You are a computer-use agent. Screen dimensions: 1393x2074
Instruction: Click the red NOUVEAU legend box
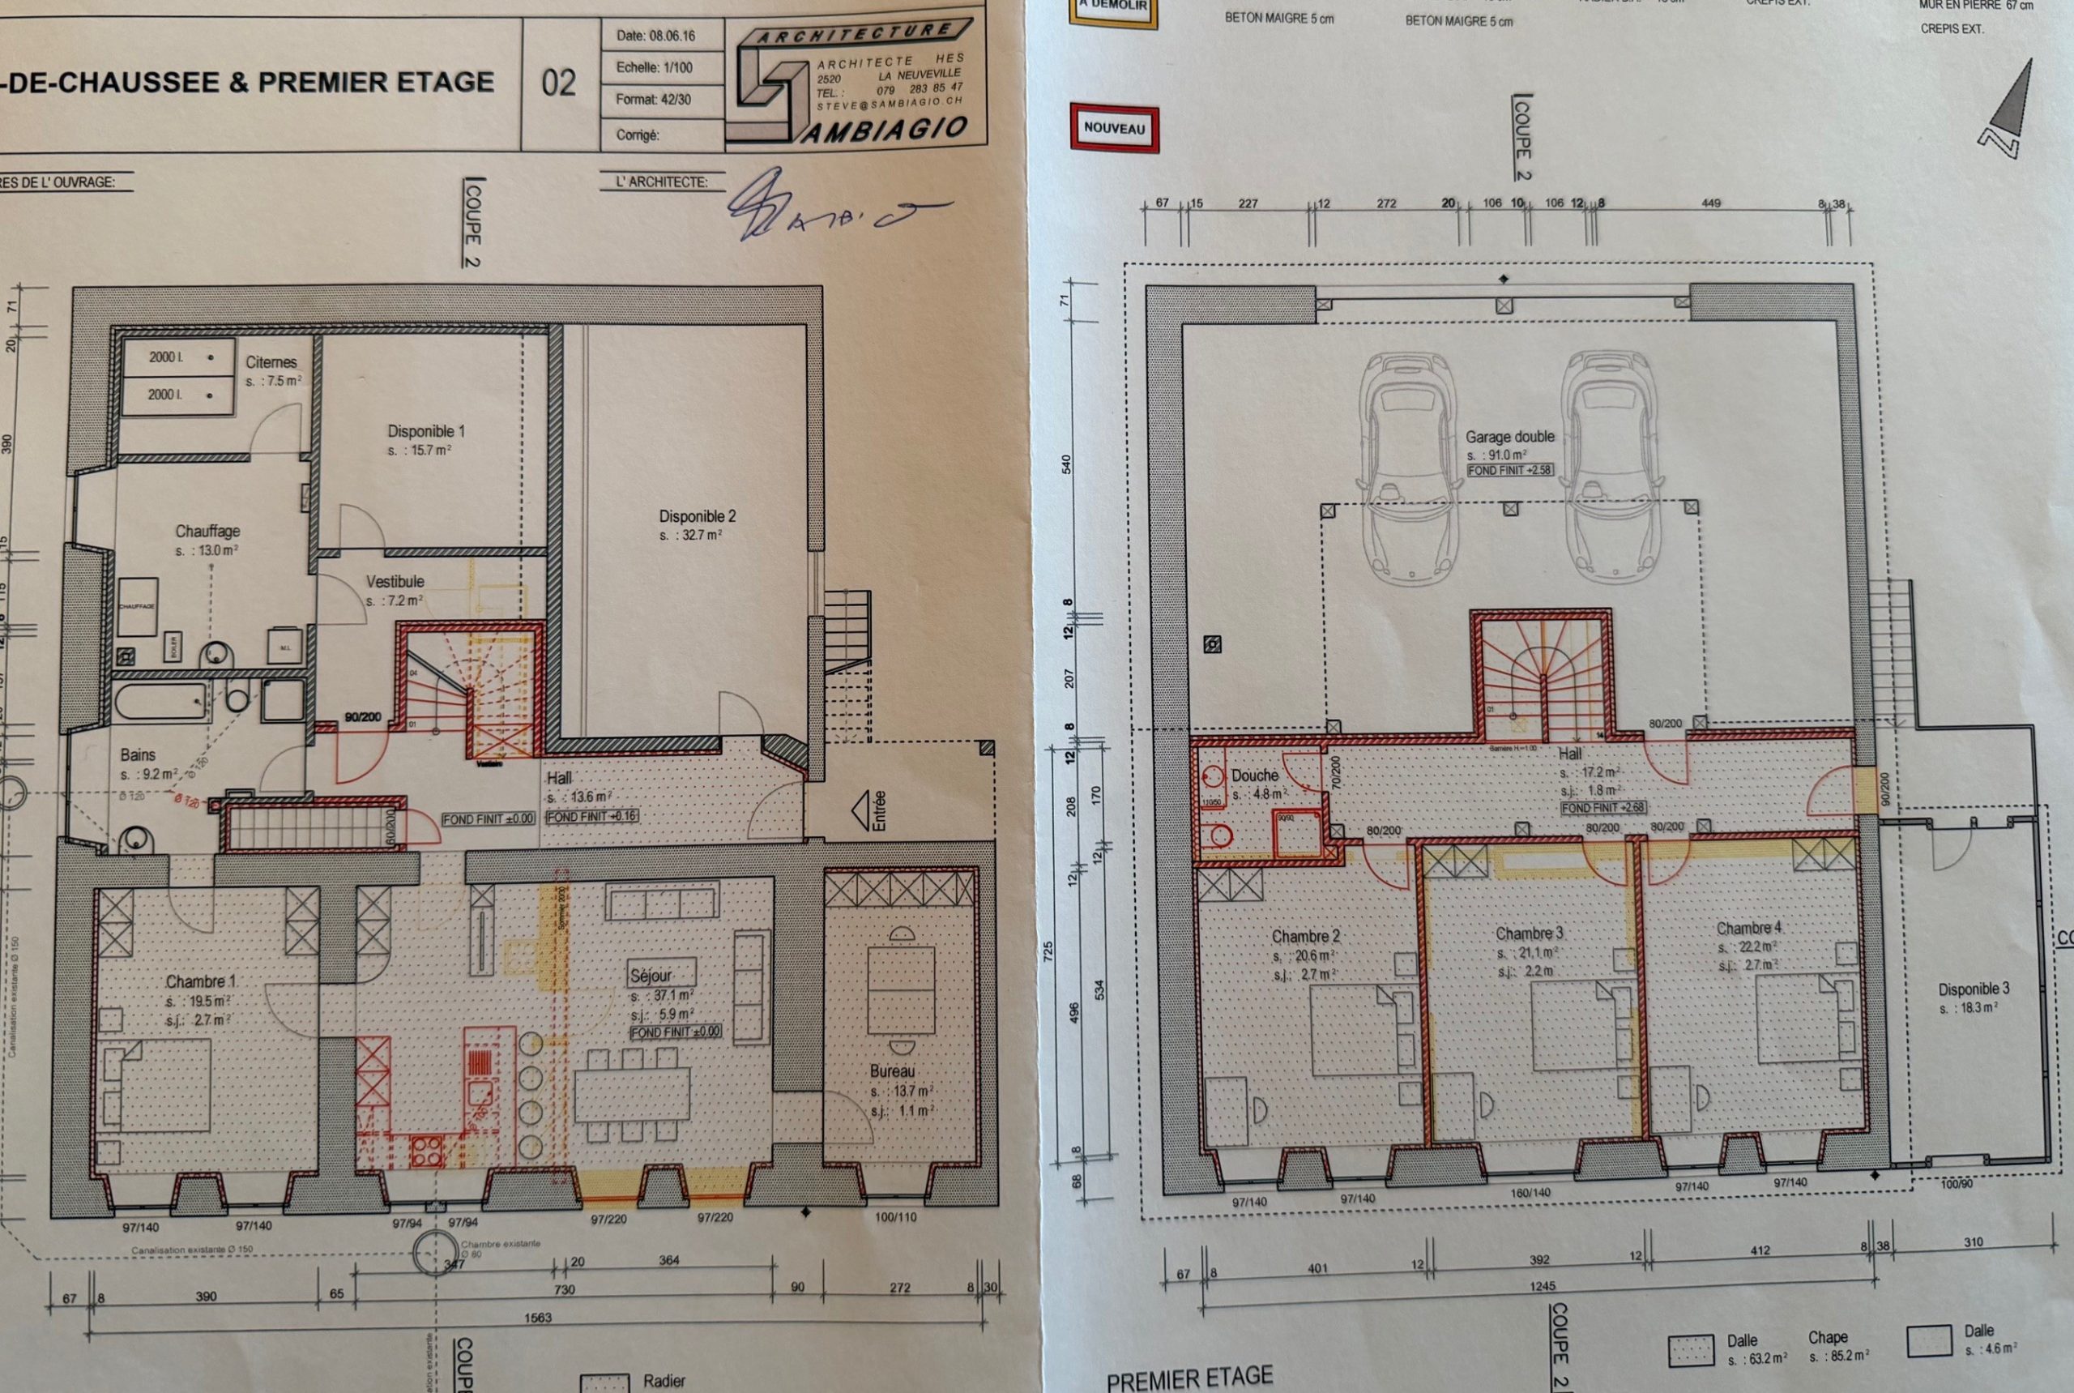click(1114, 128)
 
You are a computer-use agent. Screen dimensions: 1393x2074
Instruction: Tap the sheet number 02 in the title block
click(559, 83)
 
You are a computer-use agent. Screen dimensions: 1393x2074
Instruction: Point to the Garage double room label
click(1510, 437)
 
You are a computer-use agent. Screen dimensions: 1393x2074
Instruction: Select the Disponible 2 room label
click(698, 516)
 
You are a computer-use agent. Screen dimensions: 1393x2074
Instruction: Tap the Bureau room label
click(893, 1071)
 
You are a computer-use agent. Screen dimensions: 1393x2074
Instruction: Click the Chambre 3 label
click(1529, 934)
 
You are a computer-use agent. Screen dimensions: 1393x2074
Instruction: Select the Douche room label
click(1254, 776)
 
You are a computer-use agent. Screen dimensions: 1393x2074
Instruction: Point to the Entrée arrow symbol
click(860, 810)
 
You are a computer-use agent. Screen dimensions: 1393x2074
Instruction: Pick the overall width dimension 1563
click(537, 1318)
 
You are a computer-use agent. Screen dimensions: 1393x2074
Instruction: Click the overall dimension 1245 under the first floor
click(1542, 1286)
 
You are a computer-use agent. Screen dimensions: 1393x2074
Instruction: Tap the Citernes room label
click(271, 362)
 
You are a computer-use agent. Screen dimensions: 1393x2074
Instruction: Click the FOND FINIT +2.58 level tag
click(1510, 471)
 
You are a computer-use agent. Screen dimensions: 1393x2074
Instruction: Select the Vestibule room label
click(395, 582)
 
